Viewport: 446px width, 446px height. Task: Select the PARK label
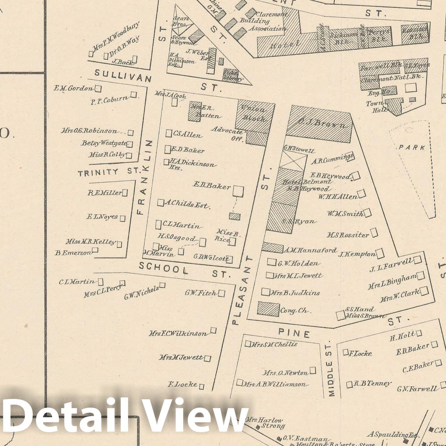412,147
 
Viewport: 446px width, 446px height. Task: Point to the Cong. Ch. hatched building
268,309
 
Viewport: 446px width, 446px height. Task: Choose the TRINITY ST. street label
108,172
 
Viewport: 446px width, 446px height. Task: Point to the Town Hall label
375,107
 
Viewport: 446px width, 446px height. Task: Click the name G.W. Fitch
200,293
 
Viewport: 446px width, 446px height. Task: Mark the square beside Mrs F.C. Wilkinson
213,330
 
